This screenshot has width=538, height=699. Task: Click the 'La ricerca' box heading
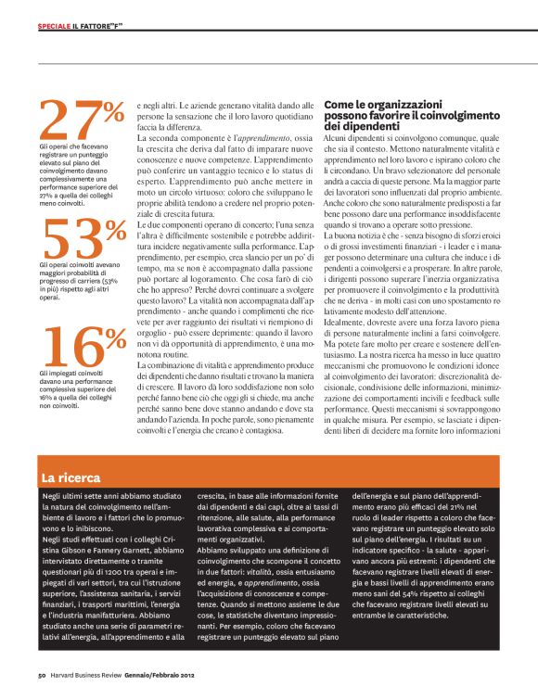click(70, 477)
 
